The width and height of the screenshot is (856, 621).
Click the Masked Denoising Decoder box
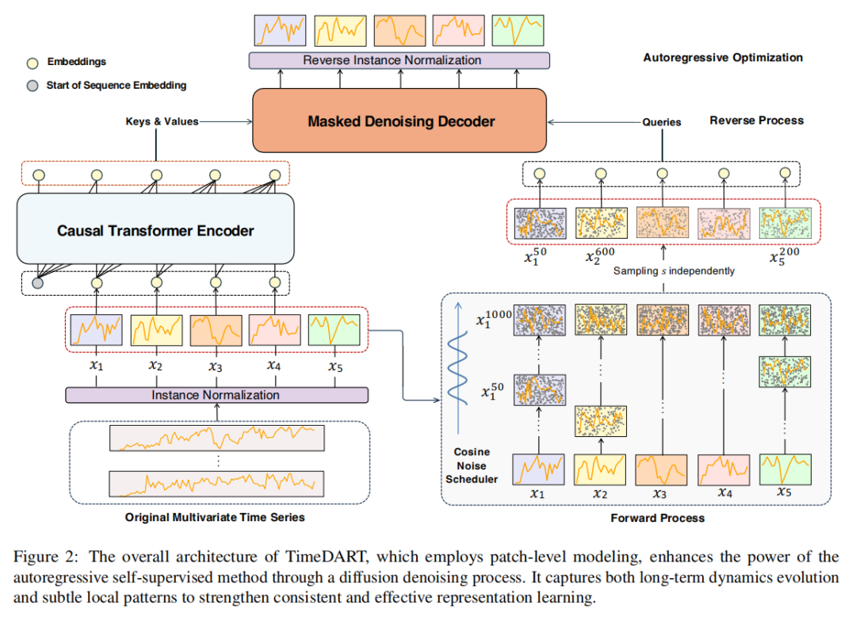400,121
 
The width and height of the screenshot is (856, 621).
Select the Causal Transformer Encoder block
155,231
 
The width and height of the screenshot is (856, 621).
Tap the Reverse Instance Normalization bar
399,60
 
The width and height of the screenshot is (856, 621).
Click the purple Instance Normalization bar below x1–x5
216,395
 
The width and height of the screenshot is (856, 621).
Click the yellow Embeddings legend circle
32,62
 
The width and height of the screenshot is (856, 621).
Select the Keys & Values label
162,121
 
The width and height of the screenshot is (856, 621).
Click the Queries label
661,121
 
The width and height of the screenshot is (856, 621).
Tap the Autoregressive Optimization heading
722,58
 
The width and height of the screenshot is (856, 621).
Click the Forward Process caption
657,518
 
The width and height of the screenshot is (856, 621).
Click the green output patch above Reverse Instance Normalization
518,30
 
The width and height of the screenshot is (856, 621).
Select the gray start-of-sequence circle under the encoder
37,283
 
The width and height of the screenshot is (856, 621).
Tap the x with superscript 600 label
602,256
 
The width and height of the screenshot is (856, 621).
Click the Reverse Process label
756,121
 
